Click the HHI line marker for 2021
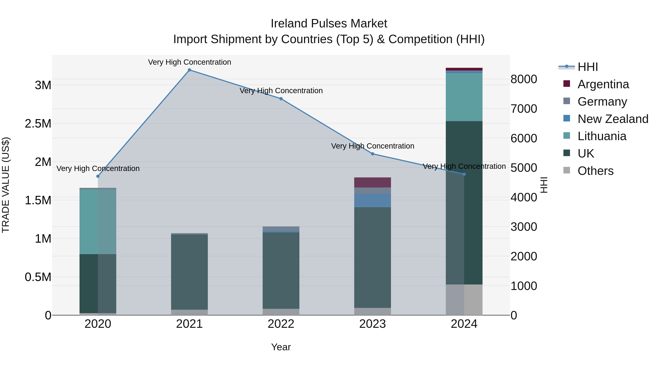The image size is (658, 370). coord(189,70)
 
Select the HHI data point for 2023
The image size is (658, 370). coord(373,154)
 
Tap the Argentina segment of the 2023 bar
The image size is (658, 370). coord(373,182)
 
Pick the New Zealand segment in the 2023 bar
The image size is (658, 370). coord(373,200)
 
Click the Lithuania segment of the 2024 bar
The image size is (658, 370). coord(464,97)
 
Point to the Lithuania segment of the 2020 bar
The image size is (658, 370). coord(98,222)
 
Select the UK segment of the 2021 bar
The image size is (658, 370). coord(189,272)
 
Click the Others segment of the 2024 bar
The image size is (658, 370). coord(464,300)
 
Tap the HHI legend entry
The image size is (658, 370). coord(587,67)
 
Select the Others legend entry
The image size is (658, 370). coord(595,171)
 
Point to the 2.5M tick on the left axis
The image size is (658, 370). coord(38,124)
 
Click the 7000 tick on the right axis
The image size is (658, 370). coord(524,109)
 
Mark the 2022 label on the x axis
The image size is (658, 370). coord(281,324)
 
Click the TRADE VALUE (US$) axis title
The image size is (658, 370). coord(6,185)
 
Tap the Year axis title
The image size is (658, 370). coord(281,347)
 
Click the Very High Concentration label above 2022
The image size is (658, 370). coord(281,91)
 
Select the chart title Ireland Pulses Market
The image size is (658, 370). coord(329,24)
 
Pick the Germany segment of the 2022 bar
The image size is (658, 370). coord(281,228)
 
